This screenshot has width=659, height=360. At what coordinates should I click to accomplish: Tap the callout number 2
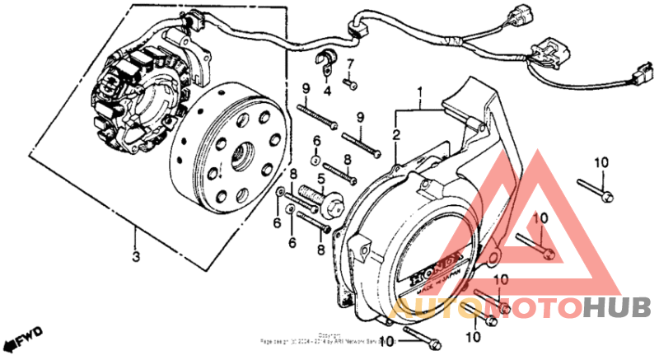(396, 133)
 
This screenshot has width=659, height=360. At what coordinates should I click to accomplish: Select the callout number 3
(135, 256)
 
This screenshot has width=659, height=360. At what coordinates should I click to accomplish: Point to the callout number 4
(326, 91)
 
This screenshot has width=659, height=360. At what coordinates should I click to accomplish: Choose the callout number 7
(349, 64)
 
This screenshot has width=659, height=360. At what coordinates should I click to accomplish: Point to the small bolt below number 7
(350, 82)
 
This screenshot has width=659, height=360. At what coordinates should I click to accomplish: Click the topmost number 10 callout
(601, 162)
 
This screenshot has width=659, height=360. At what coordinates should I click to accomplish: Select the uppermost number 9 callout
(305, 89)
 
